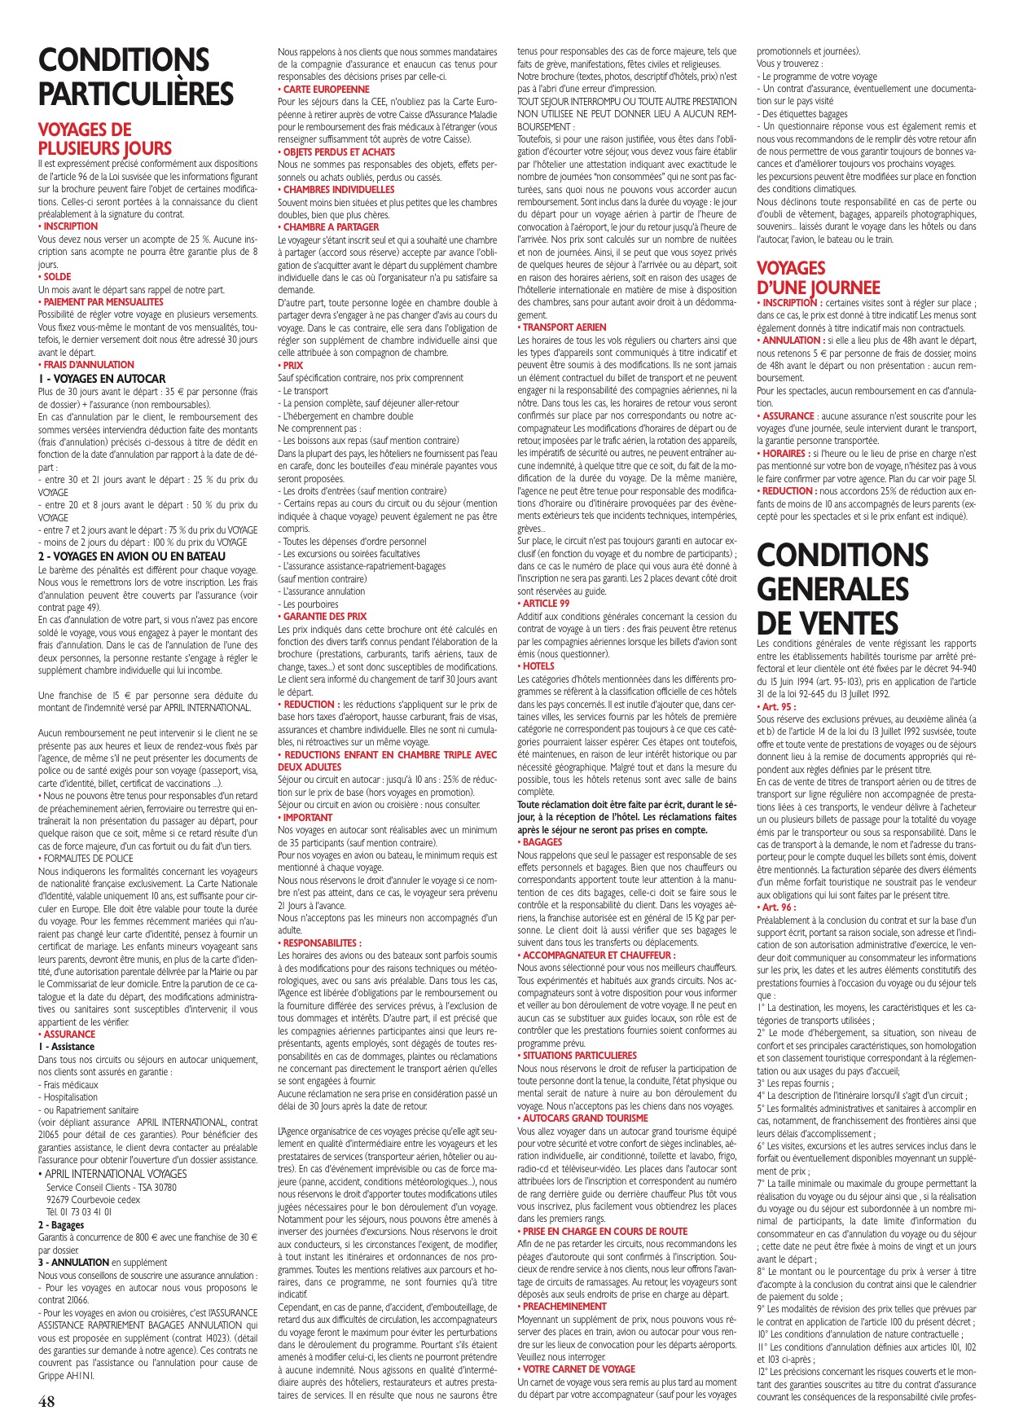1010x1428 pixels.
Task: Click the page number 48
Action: coord(46,1401)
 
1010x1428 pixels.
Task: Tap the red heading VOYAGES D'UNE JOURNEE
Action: coord(818,278)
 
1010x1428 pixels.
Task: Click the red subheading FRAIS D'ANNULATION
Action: coord(88,365)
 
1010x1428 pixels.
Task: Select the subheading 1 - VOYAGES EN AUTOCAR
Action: coord(102,378)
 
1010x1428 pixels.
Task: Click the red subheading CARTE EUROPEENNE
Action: coord(326,89)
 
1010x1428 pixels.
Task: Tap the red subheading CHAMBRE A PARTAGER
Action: coord(331,227)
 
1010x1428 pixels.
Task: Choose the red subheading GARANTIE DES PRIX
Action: coord(324,617)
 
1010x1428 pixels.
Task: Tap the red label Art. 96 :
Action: coord(777,907)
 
